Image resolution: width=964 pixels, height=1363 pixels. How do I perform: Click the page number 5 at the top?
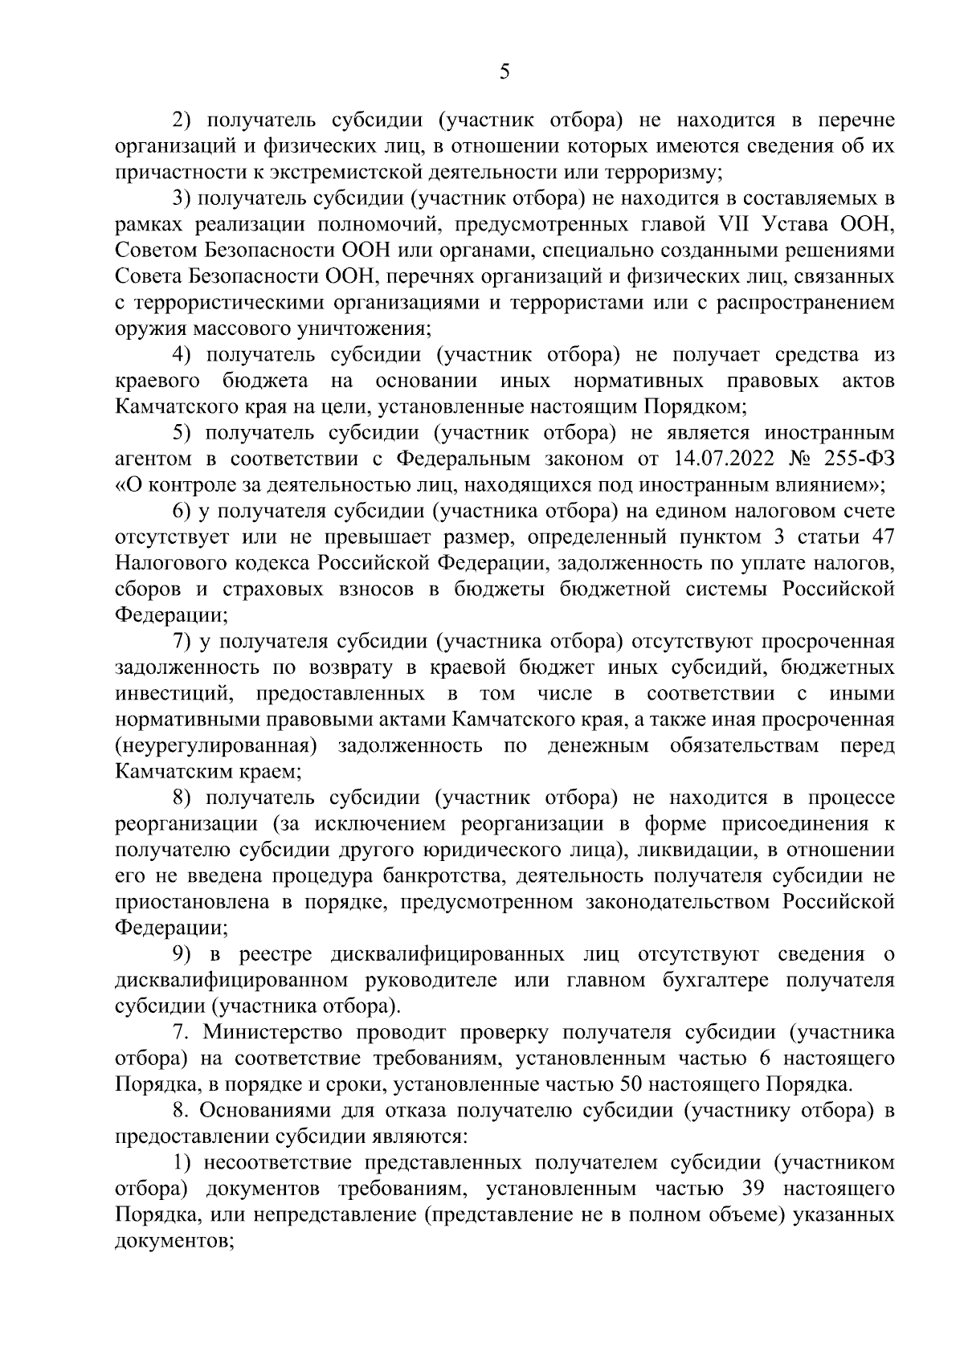tap(504, 72)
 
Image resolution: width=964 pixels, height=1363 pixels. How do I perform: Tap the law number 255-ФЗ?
tap(856, 459)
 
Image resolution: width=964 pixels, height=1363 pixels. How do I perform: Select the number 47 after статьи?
tap(882, 537)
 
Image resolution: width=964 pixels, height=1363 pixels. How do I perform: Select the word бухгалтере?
tap(730, 980)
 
